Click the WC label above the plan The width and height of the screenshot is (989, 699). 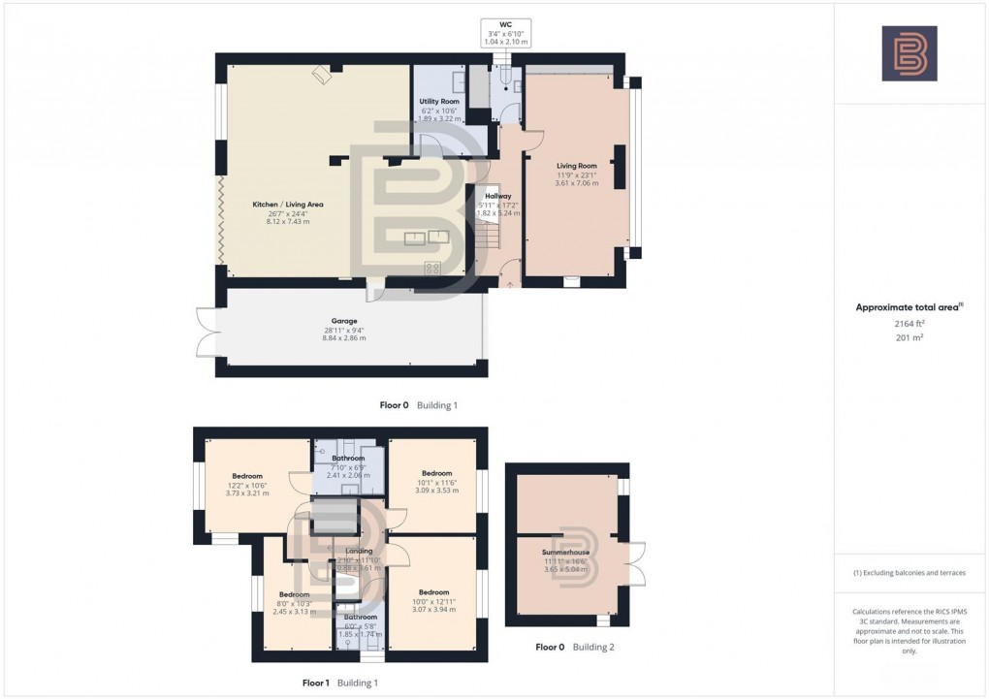(506, 24)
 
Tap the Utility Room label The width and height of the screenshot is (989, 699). (438, 101)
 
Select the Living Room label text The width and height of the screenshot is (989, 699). (576, 166)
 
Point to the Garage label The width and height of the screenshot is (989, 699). (344, 321)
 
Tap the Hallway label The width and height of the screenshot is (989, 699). (498, 197)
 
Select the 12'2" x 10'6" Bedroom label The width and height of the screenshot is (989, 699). (247, 476)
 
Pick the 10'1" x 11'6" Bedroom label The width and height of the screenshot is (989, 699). (436, 473)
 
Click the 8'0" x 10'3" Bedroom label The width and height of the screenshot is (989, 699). (294, 594)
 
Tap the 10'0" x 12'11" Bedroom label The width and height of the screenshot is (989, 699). (433, 592)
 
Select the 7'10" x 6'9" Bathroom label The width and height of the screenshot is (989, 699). (348, 458)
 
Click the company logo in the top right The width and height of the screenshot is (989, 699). (909, 53)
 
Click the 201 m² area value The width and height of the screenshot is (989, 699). (909, 340)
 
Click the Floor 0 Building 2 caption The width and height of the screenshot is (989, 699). (574, 647)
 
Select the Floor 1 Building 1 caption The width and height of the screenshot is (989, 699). (339, 683)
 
